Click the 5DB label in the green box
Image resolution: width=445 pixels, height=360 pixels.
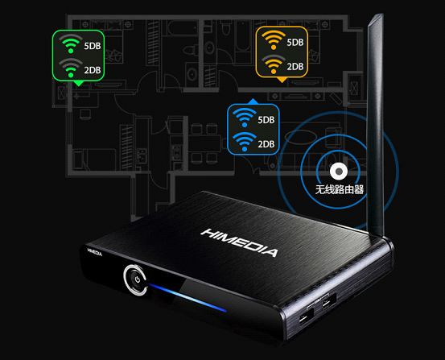(x=93, y=46)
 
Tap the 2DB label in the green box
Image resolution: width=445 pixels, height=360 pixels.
(x=93, y=70)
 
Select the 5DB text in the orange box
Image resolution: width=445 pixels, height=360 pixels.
(x=295, y=43)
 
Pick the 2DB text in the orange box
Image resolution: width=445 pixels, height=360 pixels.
(x=295, y=67)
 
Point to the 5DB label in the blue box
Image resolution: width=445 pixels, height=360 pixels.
(x=266, y=120)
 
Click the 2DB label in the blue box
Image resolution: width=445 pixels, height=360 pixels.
(x=266, y=144)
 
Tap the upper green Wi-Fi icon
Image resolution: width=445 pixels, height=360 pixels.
(x=71, y=43)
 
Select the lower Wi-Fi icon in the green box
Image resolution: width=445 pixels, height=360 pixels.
(x=71, y=68)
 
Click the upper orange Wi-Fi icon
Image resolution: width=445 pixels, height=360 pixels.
(x=274, y=40)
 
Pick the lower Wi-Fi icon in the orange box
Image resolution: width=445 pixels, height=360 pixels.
(x=274, y=64)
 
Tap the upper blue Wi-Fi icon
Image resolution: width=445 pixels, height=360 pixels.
(x=245, y=118)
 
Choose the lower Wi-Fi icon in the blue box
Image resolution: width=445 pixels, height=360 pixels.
(x=245, y=142)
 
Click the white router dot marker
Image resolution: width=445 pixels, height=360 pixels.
(x=339, y=172)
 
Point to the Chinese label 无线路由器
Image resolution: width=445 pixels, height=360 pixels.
(x=340, y=189)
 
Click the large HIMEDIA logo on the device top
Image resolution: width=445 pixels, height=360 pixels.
(x=239, y=242)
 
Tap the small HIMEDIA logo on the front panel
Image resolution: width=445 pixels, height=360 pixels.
(x=94, y=252)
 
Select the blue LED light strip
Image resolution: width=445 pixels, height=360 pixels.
(x=187, y=297)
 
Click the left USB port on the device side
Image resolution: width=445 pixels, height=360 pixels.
(x=307, y=317)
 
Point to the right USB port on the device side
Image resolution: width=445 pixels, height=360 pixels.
(x=328, y=303)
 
